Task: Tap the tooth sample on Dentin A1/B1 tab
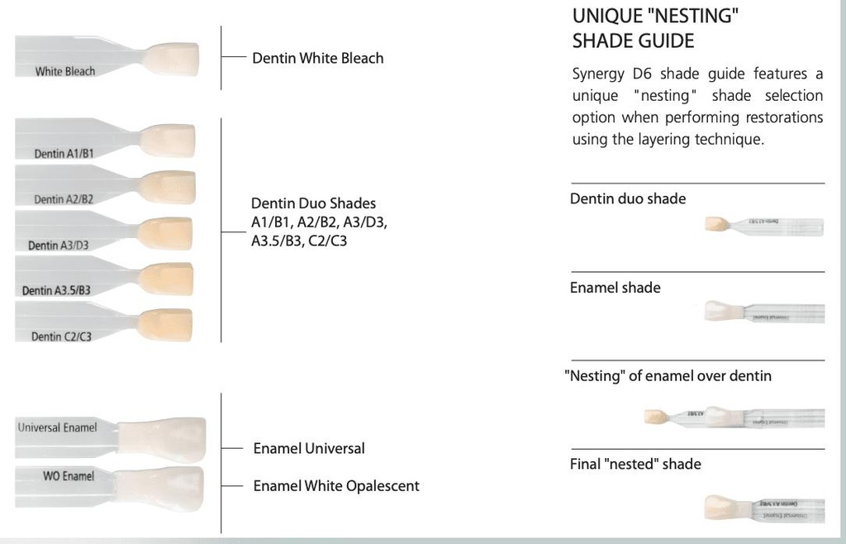(x=168, y=141)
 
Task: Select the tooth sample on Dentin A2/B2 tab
(x=169, y=187)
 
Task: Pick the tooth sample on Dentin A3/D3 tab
(x=166, y=233)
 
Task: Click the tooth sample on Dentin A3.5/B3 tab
(x=167, y=279)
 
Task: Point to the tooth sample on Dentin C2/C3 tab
(x=166, y=324)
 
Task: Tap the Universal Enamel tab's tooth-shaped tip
(x=162, y=438)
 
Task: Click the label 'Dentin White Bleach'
(x=317, y=58)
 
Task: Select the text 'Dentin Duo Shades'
(x=313, y=203)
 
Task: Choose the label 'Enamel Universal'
(x=308, y=448)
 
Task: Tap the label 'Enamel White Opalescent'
(x=335, y=486)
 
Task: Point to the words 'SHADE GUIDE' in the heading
(x=633, y=41)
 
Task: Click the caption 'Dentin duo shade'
(x=627, y=198)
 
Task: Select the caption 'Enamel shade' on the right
(x=615, y=288)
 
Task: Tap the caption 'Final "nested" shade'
(x=634, y=464)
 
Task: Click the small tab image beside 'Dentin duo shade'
(x=763, y=224)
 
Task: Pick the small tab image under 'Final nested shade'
(x=763, y=508)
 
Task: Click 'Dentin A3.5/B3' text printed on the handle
(x=56, y=290)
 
